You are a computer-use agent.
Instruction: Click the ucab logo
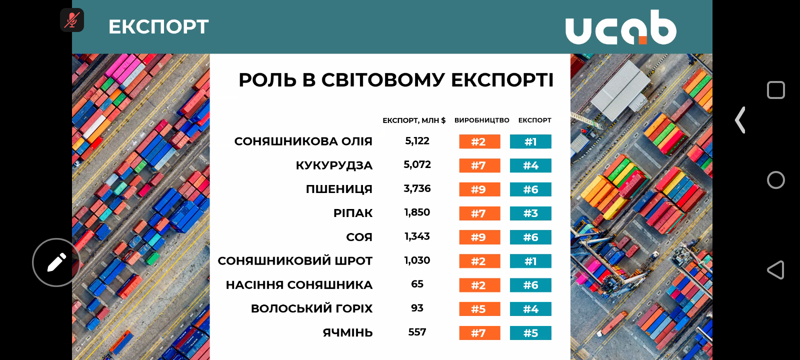620,27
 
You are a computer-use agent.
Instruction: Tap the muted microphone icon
72,20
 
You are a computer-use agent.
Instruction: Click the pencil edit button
56,262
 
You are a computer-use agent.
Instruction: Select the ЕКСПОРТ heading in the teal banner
158,27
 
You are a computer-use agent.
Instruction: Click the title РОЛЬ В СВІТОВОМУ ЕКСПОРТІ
396,80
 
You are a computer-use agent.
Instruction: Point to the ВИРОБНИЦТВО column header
481,120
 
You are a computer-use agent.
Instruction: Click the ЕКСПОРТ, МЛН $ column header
413,120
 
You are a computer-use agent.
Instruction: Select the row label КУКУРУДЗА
334,165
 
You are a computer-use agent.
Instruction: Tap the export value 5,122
417,141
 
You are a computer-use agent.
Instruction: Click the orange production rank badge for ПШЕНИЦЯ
479,189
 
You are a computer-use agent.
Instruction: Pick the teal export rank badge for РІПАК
530,213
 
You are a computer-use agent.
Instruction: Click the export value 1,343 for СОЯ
417,236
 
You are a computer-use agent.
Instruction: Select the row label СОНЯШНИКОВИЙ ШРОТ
295,261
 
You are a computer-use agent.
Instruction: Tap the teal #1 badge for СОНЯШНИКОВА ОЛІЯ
530,142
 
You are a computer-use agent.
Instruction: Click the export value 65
417,284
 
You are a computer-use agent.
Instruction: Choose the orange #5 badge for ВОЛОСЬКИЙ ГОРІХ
479,309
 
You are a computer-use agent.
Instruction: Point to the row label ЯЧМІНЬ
347,333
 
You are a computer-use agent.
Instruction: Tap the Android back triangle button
775,270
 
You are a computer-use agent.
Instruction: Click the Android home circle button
775,180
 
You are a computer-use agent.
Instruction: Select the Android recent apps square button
775,90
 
